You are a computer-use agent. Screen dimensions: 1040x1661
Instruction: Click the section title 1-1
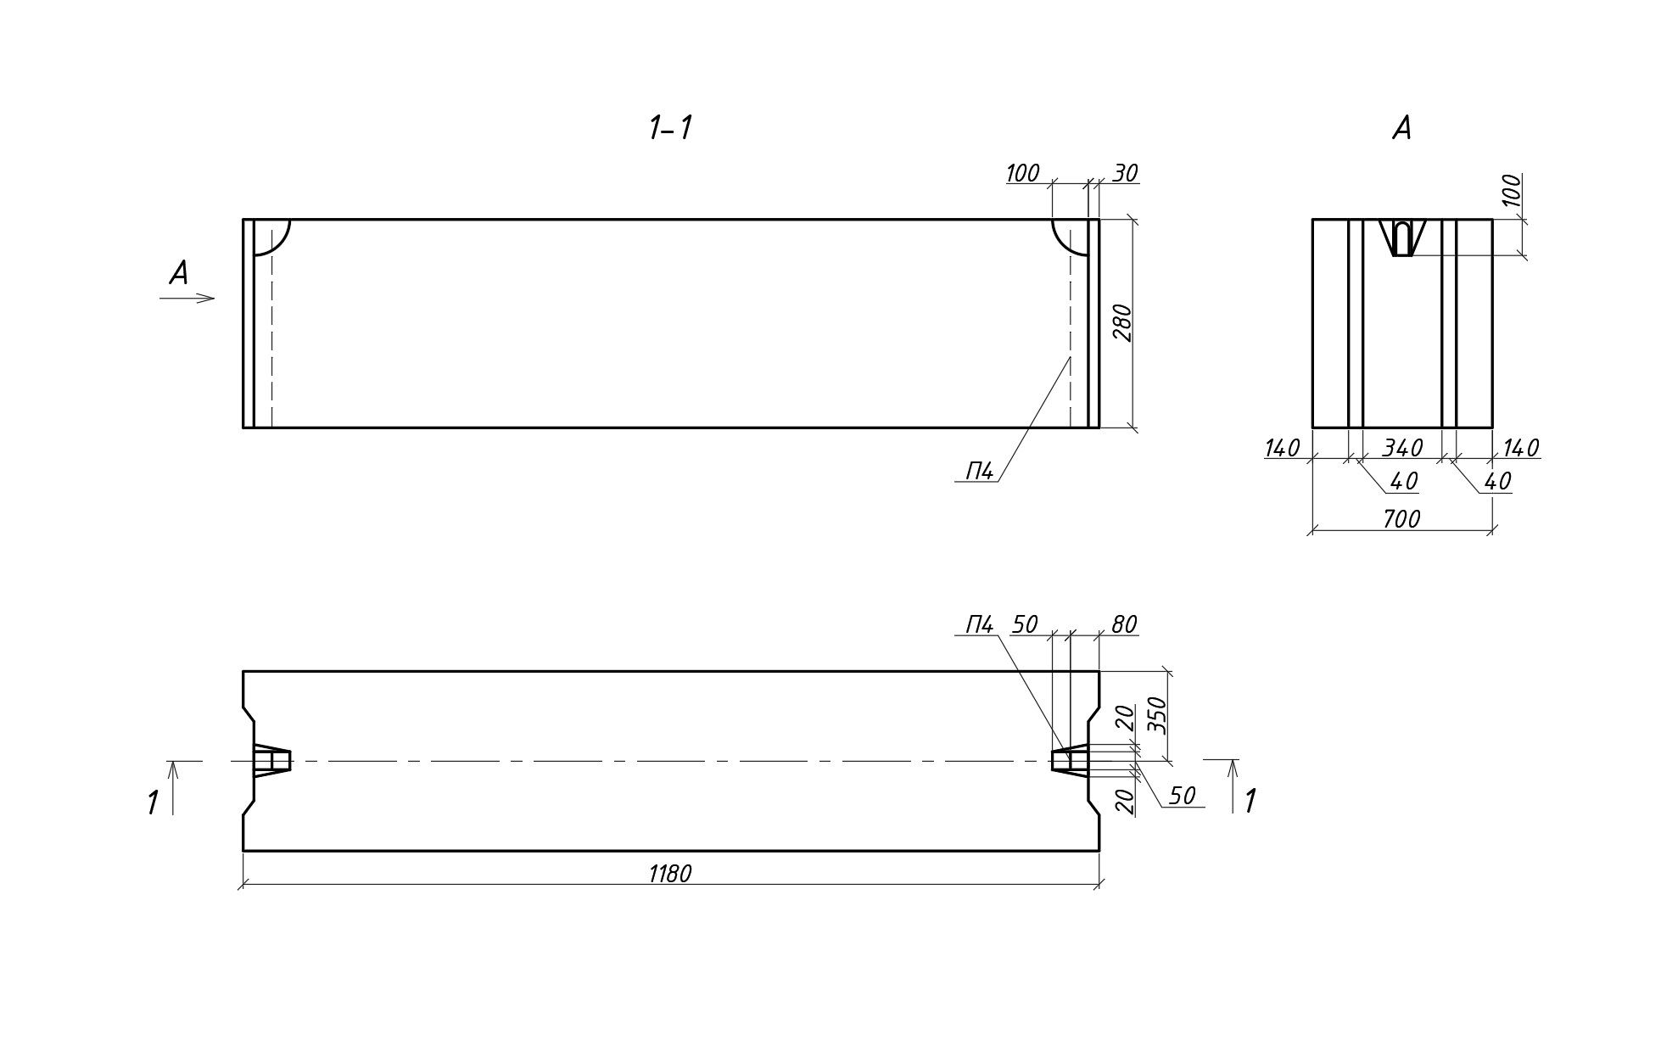670,129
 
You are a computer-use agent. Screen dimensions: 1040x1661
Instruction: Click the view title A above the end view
1401,129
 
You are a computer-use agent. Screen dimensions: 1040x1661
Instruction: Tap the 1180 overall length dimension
670,874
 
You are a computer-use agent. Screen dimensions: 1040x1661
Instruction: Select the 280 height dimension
1122,322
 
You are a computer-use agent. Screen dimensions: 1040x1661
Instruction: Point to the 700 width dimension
1401,519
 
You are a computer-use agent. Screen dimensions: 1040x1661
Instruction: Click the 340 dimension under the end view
1401,448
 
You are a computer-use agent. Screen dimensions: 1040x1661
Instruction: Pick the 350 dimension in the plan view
1158,715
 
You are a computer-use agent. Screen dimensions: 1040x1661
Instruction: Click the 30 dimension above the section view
1125,174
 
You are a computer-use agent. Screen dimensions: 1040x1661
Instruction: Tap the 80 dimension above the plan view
1123,625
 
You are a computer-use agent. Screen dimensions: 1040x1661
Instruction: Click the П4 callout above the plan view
979,625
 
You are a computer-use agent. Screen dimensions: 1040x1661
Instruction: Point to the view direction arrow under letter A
187,298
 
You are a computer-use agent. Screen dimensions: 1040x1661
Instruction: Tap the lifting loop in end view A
1402,238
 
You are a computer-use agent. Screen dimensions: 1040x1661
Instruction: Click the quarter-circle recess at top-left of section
271,236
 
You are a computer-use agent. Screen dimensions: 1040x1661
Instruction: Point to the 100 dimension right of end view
1512,192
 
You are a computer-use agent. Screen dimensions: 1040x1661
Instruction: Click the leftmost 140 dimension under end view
1282,448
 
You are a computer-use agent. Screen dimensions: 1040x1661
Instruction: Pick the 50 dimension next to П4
1025,625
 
